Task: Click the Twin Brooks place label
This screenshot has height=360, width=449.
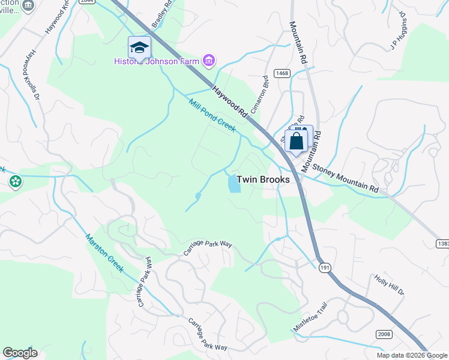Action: (x=264, y=179)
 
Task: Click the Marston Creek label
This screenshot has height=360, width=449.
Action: (x=104, y=253)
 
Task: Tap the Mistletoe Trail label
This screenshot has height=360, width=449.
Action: (x=310, y=316)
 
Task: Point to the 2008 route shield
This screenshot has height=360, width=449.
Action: (x=385, y=334)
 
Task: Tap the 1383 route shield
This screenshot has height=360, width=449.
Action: (x=443, y=244)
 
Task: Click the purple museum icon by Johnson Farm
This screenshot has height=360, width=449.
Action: (x=209, y=61)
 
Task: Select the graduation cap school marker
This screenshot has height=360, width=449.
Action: (x=139, y=47)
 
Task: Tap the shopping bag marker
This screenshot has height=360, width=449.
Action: (x=297, y=141)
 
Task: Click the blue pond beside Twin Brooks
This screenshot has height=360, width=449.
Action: (x=234, y=183)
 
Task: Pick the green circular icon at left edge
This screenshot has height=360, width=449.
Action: (x=15, y=181)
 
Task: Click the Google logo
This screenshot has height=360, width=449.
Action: (x=20, y=353)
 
